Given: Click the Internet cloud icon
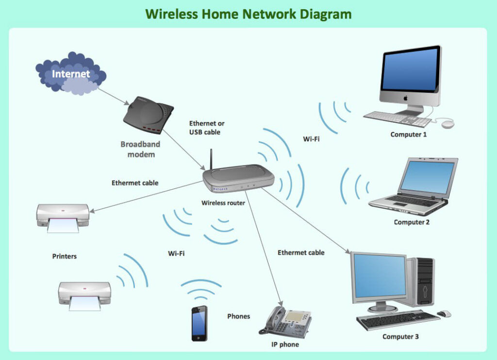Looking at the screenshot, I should pos(71,74).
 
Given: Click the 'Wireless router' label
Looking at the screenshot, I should pos(223,203).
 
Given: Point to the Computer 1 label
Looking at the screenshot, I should pos(409,134).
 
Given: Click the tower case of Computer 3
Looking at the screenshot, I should pos(421,281).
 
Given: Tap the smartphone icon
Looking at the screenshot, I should pos(199,324).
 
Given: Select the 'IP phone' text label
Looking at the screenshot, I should pos(285,344).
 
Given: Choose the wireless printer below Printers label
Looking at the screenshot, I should pos(84,295).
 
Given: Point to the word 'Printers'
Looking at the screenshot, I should pos(65,256).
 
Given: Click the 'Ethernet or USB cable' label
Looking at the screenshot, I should pos(206,128).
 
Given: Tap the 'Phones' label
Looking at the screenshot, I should pos(238,316).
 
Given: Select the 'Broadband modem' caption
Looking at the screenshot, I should pos(140,149).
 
